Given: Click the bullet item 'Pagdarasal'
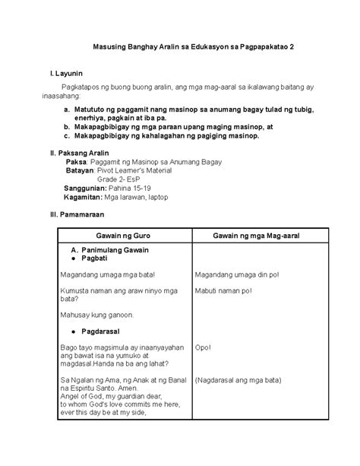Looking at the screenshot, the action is click(x=99, y=331).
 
